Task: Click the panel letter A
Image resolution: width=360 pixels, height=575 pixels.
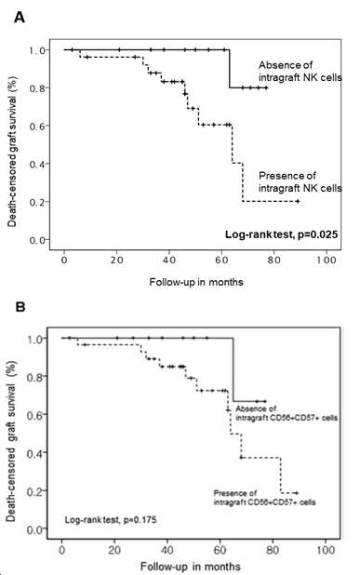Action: coord(20,17)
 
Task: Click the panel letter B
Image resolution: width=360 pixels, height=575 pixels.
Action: coord(20,306)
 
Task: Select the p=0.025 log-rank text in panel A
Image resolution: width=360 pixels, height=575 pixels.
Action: coord(281,234)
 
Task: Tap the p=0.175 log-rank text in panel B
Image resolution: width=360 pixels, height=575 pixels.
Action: coord(111,519)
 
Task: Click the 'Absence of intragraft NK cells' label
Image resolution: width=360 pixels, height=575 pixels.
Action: coord(300,71)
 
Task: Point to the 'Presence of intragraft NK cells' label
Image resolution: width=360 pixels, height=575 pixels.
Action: coord(300,181)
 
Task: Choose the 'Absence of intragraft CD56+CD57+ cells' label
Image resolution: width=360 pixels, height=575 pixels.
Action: coord(287,413)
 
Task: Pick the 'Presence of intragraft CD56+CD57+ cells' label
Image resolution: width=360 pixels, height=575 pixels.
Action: coord(264,497)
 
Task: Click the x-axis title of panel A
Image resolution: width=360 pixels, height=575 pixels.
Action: coord(196,282)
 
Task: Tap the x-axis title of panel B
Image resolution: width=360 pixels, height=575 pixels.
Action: coord(191,567)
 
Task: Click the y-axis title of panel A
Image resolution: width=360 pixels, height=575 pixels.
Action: coord(12,152)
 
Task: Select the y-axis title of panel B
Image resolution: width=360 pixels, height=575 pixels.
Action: coord(11,441)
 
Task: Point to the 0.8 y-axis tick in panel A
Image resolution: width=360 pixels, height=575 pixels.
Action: coord(37,88)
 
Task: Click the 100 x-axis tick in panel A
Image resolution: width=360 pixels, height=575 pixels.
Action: coord(327,260)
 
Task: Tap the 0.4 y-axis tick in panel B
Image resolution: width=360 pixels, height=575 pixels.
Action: coord(36,452)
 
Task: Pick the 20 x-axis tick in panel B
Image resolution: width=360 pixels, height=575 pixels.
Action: coord(114,550)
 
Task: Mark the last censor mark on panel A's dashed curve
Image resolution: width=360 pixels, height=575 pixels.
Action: coord(298,201)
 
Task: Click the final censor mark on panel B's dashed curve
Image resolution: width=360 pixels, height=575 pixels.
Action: coord(297,493)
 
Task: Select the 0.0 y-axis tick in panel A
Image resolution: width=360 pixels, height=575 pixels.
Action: coord(37,240)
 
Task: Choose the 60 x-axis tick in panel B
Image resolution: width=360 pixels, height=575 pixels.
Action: coord(220,550)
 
